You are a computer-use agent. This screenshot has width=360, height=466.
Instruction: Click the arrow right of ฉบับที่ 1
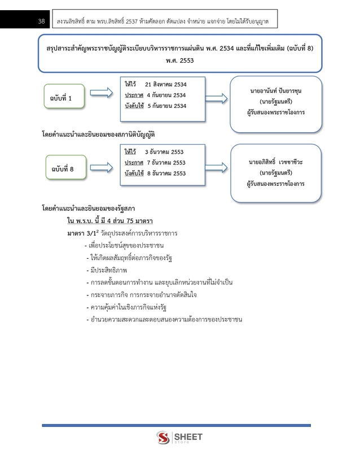(x=102, y=93)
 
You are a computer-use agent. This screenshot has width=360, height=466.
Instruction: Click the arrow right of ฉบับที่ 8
(x=102, y=163)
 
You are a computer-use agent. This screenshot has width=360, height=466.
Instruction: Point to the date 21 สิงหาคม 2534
(x=165, y=83)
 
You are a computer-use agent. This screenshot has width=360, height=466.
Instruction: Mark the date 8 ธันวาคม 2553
(x=166, y=173)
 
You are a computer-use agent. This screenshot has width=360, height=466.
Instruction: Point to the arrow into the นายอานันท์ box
(x=217, y=97)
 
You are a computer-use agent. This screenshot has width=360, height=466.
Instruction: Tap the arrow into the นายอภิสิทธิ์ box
(x=217, y=166)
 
